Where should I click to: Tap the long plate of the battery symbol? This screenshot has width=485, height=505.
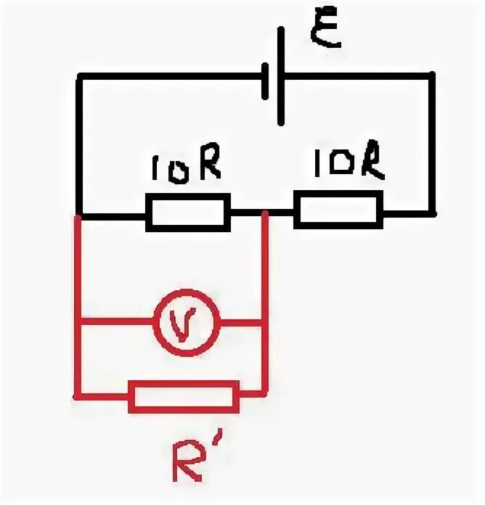coord(281,76)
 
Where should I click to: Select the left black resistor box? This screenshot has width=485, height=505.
coord(188,212)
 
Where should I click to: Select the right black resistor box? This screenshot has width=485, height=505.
coord(338,210)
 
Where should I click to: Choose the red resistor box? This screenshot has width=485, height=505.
coord(183,396)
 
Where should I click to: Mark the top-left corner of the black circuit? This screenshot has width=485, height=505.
coord(78,74)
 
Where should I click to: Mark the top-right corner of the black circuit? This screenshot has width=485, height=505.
coord(433,73)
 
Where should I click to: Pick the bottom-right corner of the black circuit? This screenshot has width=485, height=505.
coord(433,213)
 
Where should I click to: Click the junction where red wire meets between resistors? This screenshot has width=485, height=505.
coord(265,213)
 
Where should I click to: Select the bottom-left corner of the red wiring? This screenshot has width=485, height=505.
coord(77,395)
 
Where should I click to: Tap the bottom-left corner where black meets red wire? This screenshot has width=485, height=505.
coord(78,215)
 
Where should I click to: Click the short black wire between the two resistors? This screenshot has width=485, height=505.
coord(262,213)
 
